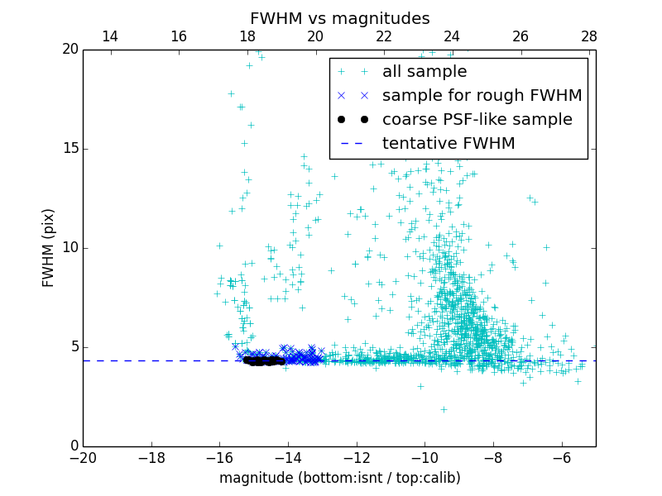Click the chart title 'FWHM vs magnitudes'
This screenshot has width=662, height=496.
(x=339, y=18)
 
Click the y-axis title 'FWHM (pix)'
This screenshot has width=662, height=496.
(x=49, y=248)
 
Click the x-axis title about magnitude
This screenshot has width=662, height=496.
(x=339, y=478)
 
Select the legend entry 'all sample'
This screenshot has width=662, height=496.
(x=425, y=72)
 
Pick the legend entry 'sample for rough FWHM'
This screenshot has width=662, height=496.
(x=482, y=96)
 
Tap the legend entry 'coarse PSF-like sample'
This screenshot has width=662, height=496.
(x=477, y=120)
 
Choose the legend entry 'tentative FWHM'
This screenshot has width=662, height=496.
(x=449, y=144)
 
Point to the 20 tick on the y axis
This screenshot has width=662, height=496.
(x=69, y=50)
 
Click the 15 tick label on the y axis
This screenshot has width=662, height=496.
(x=69, y=149)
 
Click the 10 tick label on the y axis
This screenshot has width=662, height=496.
(x=69, y=248)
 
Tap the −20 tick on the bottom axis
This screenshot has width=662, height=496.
(x=84, y=458)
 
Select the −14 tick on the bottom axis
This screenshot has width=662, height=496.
(x=288, y=458)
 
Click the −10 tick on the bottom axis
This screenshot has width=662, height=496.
(x=425, y=458)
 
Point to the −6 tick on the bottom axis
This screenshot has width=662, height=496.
(x=561, y=458)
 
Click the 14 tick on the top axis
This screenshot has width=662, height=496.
(x=110, y=36)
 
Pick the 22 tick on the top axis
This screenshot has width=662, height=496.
(x=384, y=36)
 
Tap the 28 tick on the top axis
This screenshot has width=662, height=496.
(x=589, y=36)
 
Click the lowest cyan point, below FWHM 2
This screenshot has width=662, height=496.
(x=444, y=409)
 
